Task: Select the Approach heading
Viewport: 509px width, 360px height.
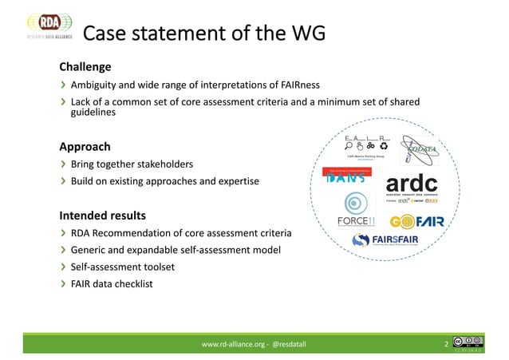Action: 85,147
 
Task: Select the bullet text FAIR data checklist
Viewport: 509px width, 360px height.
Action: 112,283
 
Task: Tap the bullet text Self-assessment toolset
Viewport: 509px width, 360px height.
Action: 123,267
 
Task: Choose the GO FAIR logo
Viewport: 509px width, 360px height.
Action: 417,221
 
